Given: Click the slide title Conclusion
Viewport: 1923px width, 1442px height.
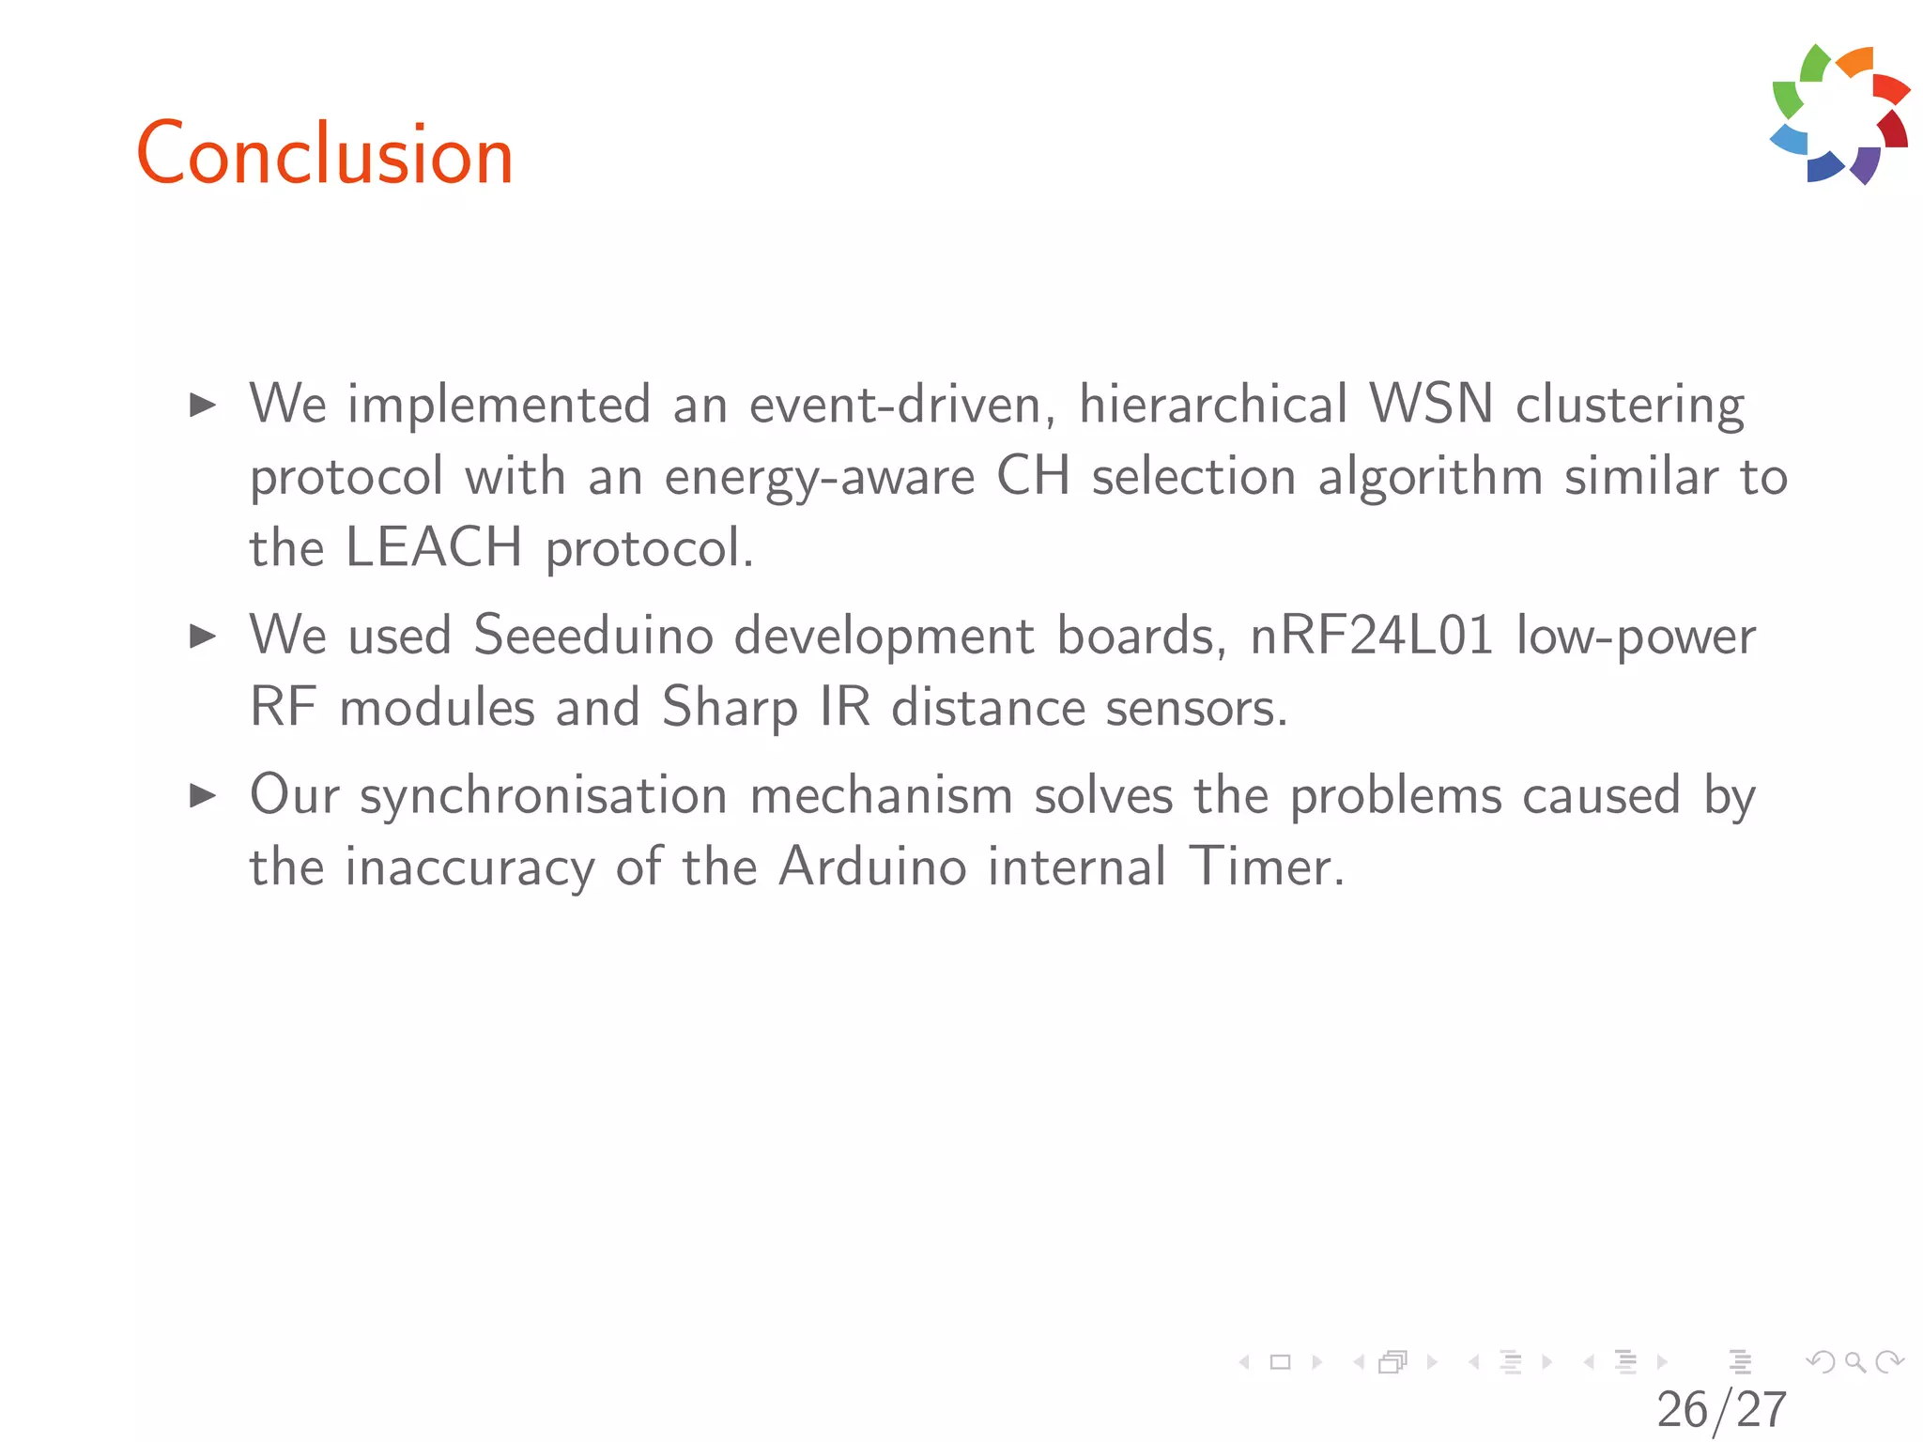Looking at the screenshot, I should [325, 154].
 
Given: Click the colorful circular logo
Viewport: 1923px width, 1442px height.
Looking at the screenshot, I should [1840, 114].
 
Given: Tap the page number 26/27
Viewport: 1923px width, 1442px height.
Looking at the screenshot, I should [1721, 1409].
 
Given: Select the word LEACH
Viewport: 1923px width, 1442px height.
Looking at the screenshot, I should [434, 547].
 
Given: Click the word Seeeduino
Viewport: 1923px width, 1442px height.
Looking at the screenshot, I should [593, 636].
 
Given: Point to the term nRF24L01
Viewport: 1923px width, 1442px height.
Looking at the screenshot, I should [1372, 636].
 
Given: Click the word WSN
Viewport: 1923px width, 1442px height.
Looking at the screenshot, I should [1431, 405].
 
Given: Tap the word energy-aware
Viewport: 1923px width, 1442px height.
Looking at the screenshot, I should [820, 478].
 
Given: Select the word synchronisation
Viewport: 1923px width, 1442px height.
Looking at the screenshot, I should [544, 796].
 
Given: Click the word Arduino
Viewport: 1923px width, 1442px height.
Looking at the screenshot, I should [872, 867].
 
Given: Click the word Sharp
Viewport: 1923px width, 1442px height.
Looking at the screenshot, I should [730, 709].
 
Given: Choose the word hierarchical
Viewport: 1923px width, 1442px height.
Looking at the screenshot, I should [1213, 405].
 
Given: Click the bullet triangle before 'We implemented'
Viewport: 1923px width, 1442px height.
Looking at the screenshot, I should [203, 406].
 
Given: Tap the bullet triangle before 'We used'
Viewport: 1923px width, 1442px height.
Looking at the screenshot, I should [203, 637].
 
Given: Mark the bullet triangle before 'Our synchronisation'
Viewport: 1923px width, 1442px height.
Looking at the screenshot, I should [203, 796].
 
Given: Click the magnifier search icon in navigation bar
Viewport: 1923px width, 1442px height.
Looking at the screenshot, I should [1855, 1362].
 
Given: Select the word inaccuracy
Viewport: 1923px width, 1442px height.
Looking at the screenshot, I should [469, 867].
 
